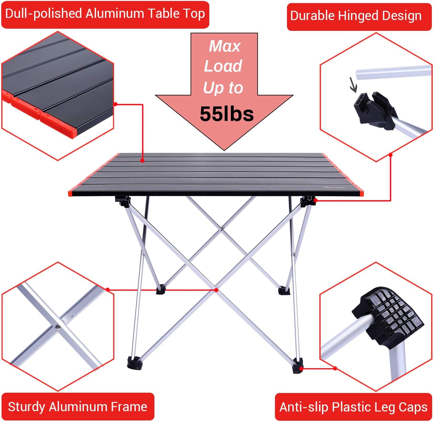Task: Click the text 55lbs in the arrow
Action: coord(227,114)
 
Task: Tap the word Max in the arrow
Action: coord(224,46)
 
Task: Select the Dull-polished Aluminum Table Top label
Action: coord(105,14)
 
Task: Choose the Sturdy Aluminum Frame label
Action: coord(78,407)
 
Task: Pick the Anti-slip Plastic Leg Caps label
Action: coord(353,407)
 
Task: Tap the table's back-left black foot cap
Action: coord(161,290)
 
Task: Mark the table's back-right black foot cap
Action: coord(284,290)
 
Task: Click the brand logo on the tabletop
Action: coord(335,187)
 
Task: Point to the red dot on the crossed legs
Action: coord(216,290)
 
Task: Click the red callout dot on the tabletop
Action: coord(142,160)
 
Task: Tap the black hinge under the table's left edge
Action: coord(123,201)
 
